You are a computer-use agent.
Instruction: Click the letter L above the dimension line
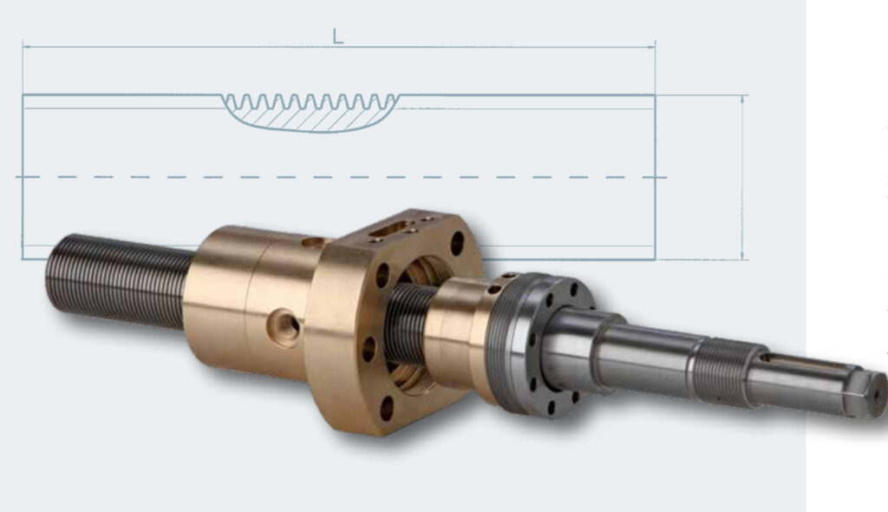point(337,36)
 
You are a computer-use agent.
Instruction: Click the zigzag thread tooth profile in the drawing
point(310,102)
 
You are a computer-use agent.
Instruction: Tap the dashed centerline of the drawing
point(341,178)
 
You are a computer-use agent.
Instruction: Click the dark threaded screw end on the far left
point(120,280)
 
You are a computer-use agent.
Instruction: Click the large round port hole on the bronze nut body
point(284,326)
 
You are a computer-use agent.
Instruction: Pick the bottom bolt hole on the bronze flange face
point(387,409)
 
